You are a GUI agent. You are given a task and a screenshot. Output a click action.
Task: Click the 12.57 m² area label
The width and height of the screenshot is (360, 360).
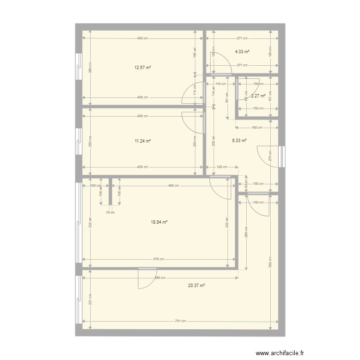click(x=143, y=68)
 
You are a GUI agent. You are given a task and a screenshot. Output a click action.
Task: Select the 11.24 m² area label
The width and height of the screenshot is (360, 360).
click(x=143, y=141)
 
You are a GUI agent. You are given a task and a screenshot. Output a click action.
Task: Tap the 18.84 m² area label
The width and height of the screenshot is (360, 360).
click(x=159, y=222)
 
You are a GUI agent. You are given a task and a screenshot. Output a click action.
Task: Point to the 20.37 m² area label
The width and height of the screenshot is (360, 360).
click(x=196, y=285)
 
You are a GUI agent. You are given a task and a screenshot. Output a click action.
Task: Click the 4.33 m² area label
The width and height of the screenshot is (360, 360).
click(x=242, y=51)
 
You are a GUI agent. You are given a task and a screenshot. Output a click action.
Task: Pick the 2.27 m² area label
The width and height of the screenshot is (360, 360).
click(x=259, y=96)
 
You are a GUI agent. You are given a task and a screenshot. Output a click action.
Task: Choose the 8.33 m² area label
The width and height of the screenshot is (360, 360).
click(x=239, y=141)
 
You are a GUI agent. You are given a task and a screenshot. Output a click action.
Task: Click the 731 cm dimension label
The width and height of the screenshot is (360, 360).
click(x=180, y=321)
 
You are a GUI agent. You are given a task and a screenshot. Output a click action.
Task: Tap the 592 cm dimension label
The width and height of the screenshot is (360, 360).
click(x=271, y=262)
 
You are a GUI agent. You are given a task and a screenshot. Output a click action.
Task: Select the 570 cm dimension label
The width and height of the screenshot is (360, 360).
click(x=159, y=260)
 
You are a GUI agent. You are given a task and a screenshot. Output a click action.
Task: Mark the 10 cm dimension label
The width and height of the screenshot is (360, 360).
click(x=110, y=212)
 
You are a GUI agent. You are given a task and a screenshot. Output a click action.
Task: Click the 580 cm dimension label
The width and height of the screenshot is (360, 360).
click(x=159, y=278)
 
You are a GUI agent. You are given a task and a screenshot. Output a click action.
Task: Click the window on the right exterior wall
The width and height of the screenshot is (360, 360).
click(x=282, y=156)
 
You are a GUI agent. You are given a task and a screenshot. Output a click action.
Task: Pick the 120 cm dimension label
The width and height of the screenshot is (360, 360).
click(x=221, y=167)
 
